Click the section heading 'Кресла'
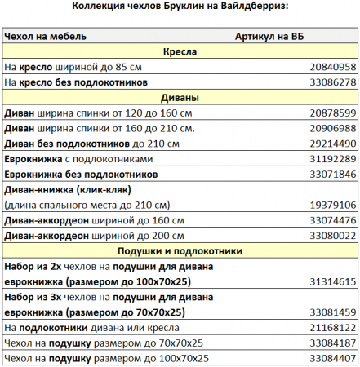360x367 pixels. [x=180, y=52]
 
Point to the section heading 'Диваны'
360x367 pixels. [x=180, y=98]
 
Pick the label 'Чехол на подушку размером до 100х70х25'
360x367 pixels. [x=106, y=358]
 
